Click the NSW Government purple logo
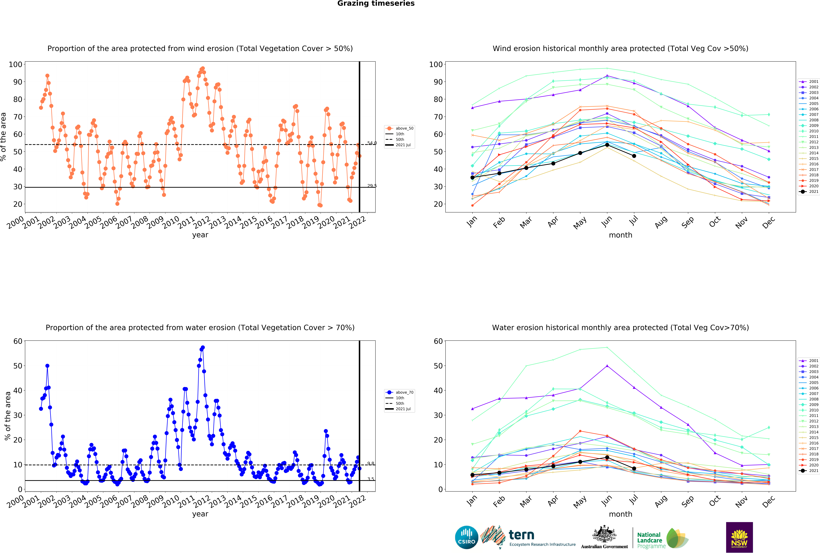click(739, 537)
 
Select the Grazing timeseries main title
click(376, 3)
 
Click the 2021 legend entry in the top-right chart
click(811, 192)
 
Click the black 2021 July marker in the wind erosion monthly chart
click(634, 156)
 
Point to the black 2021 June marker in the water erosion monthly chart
click(607, 457)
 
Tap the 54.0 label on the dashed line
click(372, 143)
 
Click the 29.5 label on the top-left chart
click(372, 186)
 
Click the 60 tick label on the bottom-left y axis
click(18, 341)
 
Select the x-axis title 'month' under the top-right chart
click(620, 235)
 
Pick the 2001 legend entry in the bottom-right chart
click(811, 361)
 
